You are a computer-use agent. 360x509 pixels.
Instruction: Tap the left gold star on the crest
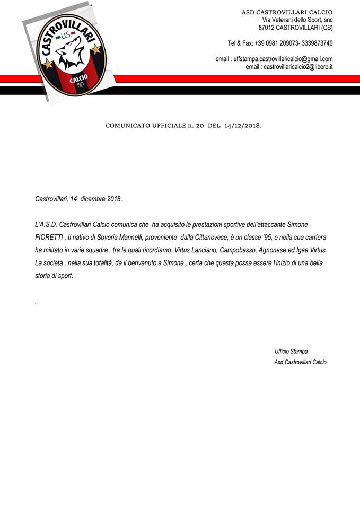tap(47, 64)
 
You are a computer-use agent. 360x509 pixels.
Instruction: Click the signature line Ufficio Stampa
tap(291, 352)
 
